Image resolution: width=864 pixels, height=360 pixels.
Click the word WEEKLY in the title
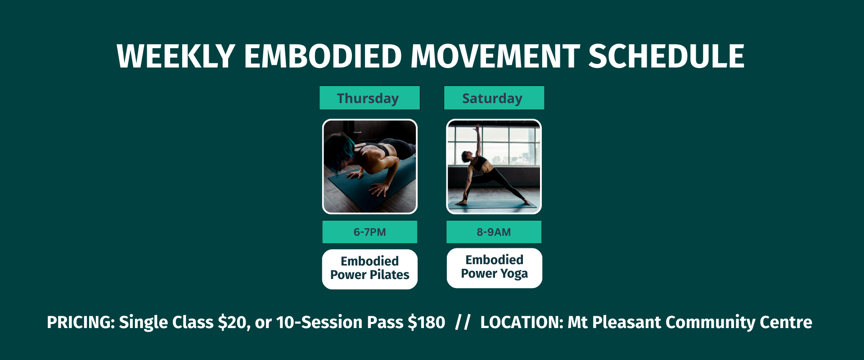point(176,56)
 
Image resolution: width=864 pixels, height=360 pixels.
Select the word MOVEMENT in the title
point(495,56)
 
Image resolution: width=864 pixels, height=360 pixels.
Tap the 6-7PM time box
point(370,232)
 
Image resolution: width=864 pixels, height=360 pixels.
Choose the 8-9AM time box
point(494,232)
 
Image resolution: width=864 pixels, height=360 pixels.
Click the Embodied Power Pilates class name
point(370,269)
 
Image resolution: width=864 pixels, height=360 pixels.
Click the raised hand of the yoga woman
point(477,127)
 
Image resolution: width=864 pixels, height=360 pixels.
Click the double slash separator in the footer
point(463,322)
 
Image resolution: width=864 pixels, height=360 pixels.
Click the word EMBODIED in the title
point(323,56)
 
